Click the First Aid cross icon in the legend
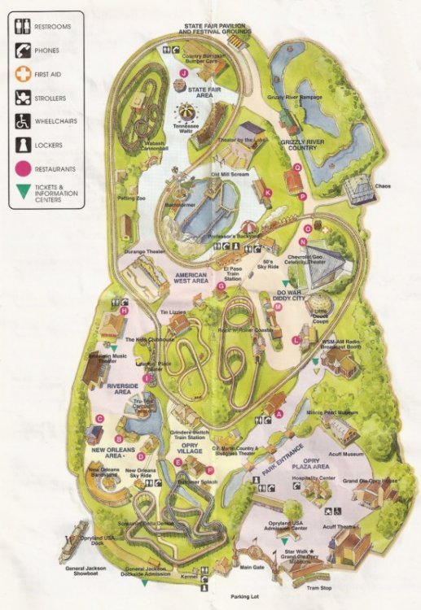23,74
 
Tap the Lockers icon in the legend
23,147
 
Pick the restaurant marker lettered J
184,72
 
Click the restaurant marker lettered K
268,192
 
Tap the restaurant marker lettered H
125,310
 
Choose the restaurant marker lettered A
278,413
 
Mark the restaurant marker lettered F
210,470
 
